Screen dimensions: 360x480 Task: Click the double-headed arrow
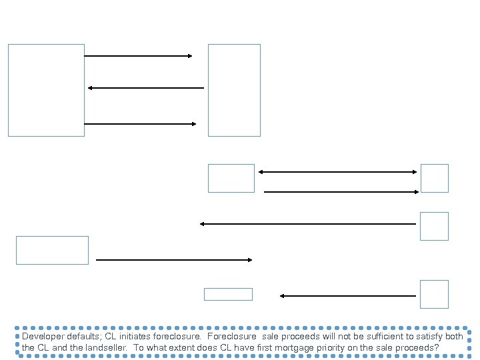tap(337, 172)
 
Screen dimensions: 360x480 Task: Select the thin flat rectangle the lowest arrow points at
tap(228, 294)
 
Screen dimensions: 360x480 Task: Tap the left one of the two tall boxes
tap(46, 90)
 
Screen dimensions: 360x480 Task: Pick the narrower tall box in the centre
tap(234, 90)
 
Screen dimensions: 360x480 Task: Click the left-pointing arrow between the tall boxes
tap(146, 88)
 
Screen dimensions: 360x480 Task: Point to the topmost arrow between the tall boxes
tap(139, 57)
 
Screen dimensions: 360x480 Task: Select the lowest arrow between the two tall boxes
tap(141, 124)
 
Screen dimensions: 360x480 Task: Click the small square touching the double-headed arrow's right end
tap(434, 178)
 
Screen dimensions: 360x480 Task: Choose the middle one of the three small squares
tap(434, 226)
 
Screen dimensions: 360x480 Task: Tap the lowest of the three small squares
tap(434, 294)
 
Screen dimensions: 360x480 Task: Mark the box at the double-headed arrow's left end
tap(231, 178)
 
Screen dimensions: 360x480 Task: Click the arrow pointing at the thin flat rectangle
tap(347, 295)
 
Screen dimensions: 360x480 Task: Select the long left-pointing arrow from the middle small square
tap(308, 224)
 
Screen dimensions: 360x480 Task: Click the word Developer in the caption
tap(40, 337)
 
